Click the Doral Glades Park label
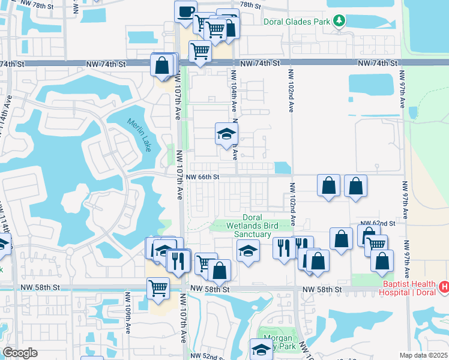(297, 22)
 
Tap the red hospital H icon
(444, 287)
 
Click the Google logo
(20, 353)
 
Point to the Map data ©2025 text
(423, 355)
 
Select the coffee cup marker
(185, 11)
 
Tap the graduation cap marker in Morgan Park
(262, 350)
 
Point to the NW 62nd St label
(378, 223)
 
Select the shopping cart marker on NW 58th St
(158, 288)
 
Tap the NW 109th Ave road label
(128, 313)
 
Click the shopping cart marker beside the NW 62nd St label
(376, 245)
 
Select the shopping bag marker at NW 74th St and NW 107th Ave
(162, 65)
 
